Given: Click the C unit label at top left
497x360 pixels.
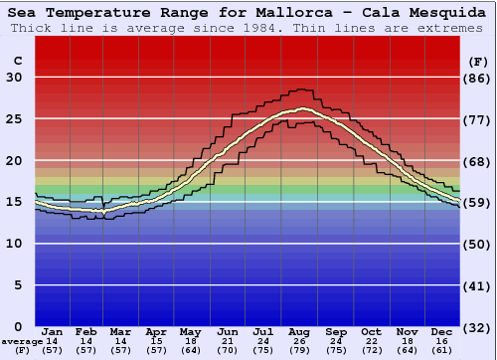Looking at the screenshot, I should pyautogui.click(x=17, y=61).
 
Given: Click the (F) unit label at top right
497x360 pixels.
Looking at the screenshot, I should pyautogui.click(x=476, y=61).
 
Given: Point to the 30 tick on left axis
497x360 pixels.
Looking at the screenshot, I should pyautogui.click(x=14, y=78).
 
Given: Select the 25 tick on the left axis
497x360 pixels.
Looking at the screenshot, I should pyautogui.click(x=14, y=119).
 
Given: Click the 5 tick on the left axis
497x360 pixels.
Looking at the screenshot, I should pyautogui.click(x=18, y=285).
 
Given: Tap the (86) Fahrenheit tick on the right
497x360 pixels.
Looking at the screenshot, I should pyautogui.click(x=477, y=78).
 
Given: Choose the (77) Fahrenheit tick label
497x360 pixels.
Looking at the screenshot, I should pyautogui.click(x=477, y=119).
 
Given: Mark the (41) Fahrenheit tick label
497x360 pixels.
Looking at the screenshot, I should pyautogui.click(x=477, y=285).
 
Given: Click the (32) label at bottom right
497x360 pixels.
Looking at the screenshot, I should pyautogui.click(x=477, y=327).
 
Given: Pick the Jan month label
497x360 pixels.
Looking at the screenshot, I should pyautogui.click(x=53, y=331).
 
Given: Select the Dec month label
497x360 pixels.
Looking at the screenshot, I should pyautogui.click(x=442, y=331).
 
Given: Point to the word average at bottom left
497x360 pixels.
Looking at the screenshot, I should pyautogui.click(x=21, y=341).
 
